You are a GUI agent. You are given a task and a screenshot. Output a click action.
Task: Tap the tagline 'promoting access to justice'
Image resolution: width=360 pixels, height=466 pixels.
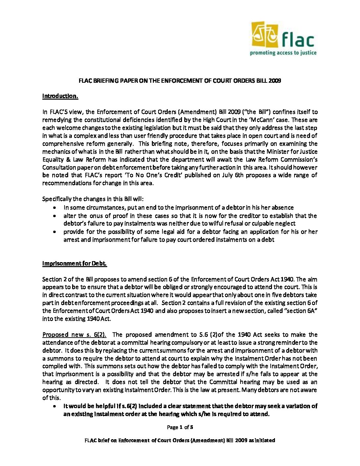(283, 53)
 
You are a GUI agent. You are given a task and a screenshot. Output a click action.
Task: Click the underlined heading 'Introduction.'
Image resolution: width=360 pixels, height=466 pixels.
(60, 96)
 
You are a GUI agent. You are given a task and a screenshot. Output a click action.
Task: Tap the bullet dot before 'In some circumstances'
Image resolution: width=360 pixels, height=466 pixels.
(55, 208)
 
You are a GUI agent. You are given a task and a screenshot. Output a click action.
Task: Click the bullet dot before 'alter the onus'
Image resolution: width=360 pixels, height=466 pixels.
(55, 216)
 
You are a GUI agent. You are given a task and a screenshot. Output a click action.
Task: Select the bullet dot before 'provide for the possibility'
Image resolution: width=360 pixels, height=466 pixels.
(55, 232)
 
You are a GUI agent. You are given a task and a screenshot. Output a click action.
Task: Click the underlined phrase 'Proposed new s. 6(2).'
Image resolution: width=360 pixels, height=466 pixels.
(76, 335)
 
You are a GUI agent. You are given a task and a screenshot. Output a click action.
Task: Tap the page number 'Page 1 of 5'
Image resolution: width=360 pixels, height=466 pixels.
(180, 427)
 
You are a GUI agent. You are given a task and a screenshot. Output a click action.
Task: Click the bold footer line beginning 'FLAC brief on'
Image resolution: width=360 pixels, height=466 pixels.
(180, 441)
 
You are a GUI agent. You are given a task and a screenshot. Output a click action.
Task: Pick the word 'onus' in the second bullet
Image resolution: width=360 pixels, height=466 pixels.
(103, 216)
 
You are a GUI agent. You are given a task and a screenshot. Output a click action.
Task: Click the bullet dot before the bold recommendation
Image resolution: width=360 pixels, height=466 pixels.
(55, 406)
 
